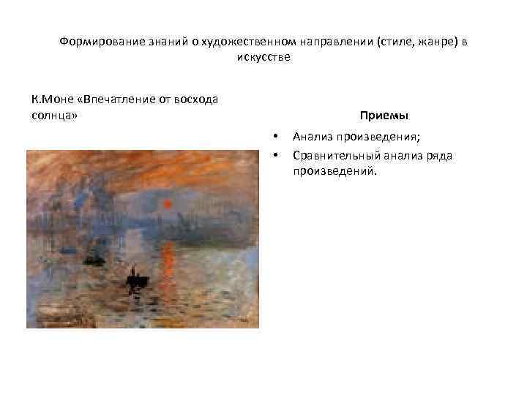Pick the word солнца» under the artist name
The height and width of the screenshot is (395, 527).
coord(55,116)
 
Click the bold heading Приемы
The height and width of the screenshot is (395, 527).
coord(384,116)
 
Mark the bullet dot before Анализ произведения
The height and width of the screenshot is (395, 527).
coord(275,136)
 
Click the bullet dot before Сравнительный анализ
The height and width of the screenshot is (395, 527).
coord(275,154)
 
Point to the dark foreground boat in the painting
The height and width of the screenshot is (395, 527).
coord(135,279)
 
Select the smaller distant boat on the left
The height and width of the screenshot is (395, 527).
coord(93,258)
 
